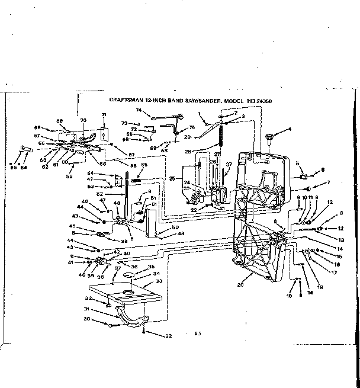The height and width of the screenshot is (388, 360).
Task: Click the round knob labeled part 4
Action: (269, 139)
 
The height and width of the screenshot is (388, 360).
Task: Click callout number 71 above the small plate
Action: (104, 114)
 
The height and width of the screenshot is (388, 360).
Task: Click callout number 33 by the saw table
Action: (157, 281)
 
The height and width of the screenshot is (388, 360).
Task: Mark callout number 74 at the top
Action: (139, 111)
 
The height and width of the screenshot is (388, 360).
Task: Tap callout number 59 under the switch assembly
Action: (70, 175)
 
